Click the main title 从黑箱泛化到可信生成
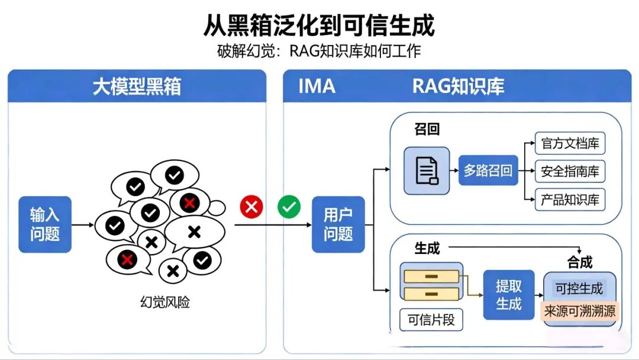(x=319, y=25)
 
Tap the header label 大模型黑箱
(x=137, y=86)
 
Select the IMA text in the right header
(x=317, y=86)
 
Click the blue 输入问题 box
(x=45, y=224)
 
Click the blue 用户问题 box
(x=338, y=224)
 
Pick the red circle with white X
(x=251, y=207)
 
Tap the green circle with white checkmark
(x=289, y=207)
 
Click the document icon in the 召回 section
(x=427, y=171)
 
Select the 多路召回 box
(x=488, y=171)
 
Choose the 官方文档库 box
(x=570, y=143)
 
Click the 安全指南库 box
(x=570, y=171)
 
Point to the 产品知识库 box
(x=570, y=200)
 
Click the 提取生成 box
(x=509, y=295)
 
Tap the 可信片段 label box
(x=431, y=320)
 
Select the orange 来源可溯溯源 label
(x=579, y=311)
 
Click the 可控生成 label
(x=579, y=288)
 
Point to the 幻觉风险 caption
(x=165, y=302)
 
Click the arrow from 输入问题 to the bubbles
(x=83, y=224)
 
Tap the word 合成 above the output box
(x=579, y=262)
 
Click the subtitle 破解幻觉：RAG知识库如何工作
(x=319, y=51)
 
